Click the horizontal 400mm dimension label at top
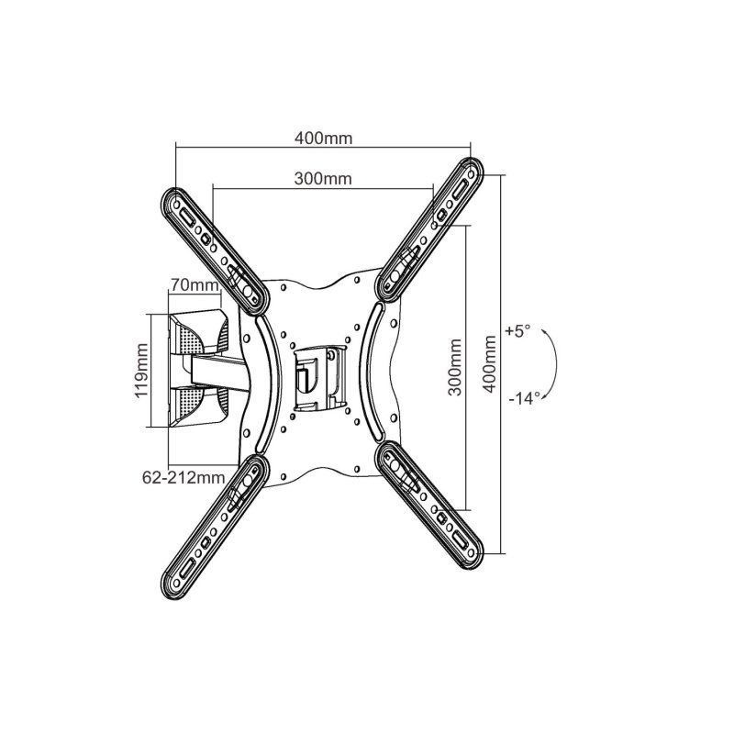coord(324,139)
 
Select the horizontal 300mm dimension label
coord(324,179)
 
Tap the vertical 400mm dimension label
coord(492,364)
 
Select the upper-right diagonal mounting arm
coord(431,229)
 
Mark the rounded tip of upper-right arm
coord(476,170)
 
